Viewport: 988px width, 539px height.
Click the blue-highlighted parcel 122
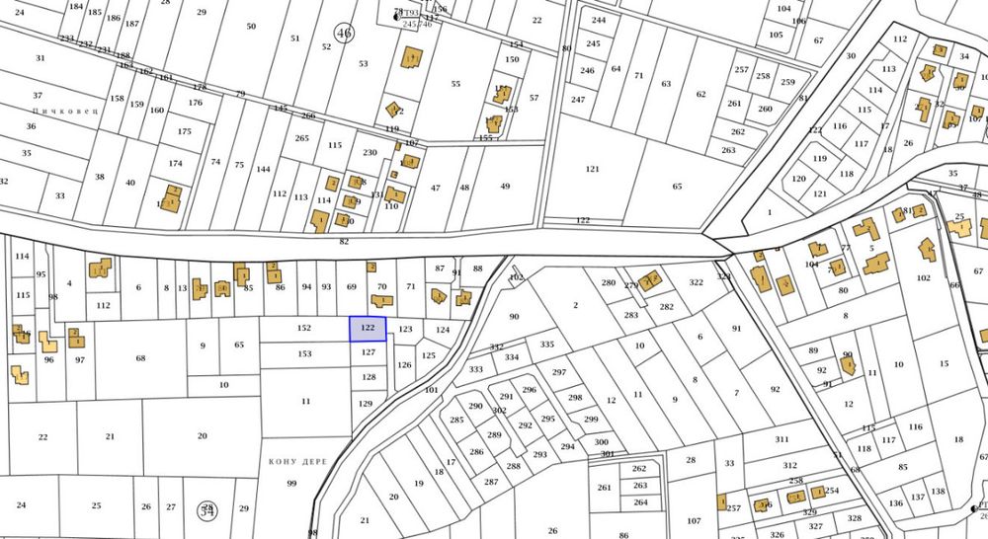(368, 329)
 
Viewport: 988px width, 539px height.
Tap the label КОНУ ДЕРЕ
(297, 461)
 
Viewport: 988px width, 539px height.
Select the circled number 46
(344, 33)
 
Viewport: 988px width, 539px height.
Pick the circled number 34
(207, 509)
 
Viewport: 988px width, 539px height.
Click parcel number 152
(304, 328)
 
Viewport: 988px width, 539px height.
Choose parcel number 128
(369, 377)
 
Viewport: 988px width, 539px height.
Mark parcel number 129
(366, 404)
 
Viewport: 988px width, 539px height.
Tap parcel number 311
(782, 439)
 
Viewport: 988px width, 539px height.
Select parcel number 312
(789, 465)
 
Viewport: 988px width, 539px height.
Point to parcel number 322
(697, 282)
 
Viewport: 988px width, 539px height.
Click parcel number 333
(476, 369)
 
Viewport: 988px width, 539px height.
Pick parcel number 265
(301, 138)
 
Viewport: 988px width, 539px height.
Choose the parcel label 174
(176, 163)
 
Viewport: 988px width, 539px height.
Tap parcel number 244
(599, 20)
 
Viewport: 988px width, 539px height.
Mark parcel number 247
(578, 100)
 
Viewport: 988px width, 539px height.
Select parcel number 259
(787, 82)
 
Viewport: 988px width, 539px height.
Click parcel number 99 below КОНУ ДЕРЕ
(291, 483)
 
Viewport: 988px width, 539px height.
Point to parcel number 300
(601, 442)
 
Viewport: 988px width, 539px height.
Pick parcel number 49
(505, 187)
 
